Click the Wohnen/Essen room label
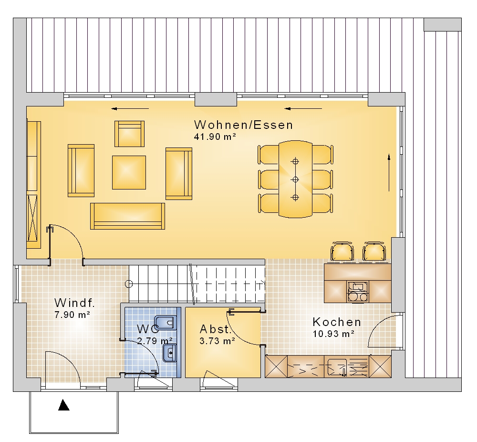coord(243,125)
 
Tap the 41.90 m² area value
coord(215,137)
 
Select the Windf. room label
coord(74,303)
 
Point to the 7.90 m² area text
coord(72,315)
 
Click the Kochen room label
coord(337,322)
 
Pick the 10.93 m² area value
coord(333,334)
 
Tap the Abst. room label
coord(216,329)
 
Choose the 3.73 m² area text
coord(217,341)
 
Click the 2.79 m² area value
coord(155,340)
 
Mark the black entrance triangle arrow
coord(63,405)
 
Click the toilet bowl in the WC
coord(165,322)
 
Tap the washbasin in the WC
coord(170,353)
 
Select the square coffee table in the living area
coord(129,172)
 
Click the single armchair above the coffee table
coord(129,134)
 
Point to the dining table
coord(295,179)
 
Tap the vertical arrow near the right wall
coord(389,173)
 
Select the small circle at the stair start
coord(129,284)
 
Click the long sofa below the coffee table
coord(127,216)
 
